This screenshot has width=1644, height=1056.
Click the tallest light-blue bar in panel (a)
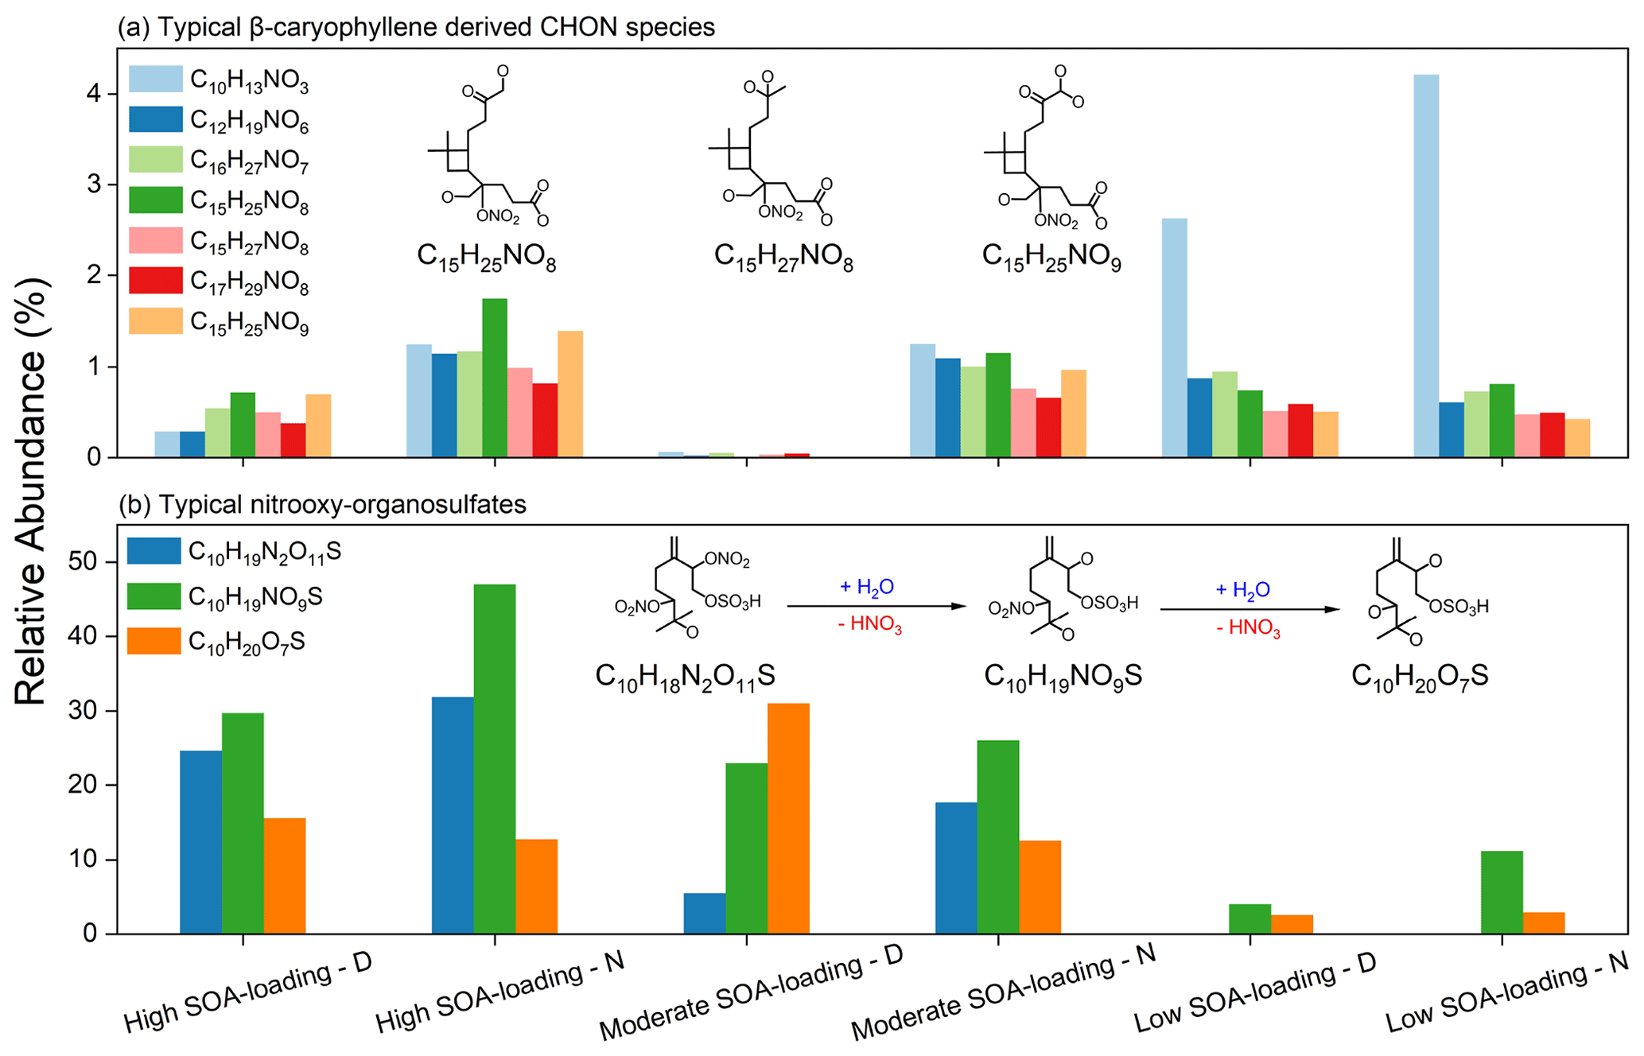1426,266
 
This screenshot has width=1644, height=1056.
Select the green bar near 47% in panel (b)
494,759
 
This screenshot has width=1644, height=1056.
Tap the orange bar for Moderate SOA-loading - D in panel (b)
788,818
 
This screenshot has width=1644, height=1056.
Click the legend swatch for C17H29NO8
156,281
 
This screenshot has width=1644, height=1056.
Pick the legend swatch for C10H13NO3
156,79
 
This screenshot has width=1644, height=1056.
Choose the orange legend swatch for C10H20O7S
154,642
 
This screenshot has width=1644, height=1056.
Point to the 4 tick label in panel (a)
94,94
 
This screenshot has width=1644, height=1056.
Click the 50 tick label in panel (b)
84,562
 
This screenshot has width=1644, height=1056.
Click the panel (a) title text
416,27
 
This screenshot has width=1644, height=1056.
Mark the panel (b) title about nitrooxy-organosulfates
322,504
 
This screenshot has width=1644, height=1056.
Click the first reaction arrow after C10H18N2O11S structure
876,606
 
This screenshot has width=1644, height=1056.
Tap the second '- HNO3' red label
1248,628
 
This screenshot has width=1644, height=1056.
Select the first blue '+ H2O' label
867,587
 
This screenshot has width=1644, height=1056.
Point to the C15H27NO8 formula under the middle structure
783,257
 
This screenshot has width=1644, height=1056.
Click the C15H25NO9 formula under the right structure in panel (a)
1051,257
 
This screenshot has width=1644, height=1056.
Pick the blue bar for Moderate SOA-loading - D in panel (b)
704,913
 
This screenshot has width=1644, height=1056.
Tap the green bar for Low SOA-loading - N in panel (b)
1502,892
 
